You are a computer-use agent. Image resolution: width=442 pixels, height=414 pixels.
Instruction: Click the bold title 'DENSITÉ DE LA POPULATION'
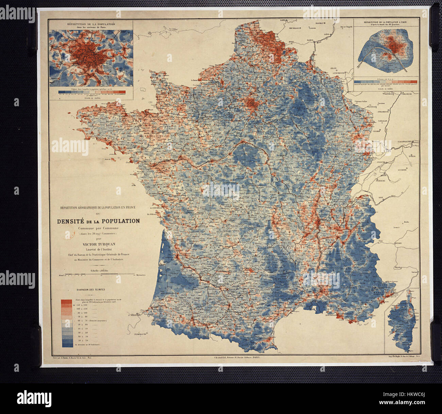98,221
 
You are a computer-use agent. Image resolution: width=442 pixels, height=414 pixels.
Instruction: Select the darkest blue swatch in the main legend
67,345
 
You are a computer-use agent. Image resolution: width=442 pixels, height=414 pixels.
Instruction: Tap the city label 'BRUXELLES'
295,28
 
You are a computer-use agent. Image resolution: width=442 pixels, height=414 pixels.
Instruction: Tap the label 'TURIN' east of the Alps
398,243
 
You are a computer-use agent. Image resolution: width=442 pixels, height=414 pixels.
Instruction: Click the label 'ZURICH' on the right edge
412,157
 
